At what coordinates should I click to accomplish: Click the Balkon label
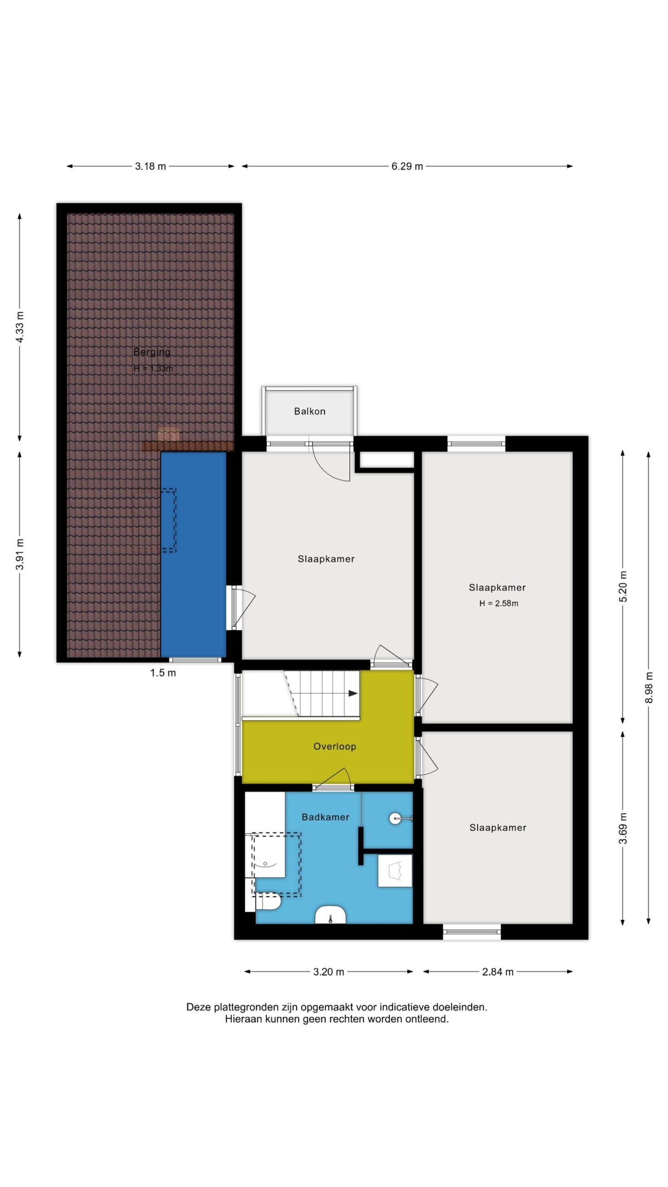(309, 411)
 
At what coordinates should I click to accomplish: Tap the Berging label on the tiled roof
(152, 352)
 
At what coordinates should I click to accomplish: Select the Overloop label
(334, 747)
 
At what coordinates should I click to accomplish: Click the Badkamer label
(325, 817)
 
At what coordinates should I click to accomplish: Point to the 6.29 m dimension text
(407, 166)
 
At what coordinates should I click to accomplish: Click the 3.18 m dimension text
(150, 166)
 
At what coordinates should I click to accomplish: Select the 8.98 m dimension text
(649, 687)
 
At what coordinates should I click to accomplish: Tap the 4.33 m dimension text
(20, 327)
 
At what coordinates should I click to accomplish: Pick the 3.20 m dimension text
(328, 972)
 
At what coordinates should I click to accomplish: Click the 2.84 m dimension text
(498, 972)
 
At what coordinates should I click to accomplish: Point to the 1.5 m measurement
(163, 673)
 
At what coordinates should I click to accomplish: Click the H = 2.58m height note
(499, 603)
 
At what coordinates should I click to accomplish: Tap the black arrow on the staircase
(353, 693)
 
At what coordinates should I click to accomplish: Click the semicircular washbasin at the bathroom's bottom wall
(330, 914)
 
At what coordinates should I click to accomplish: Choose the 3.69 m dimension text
(623, 829)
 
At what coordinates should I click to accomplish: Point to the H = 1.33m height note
(153, 369)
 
